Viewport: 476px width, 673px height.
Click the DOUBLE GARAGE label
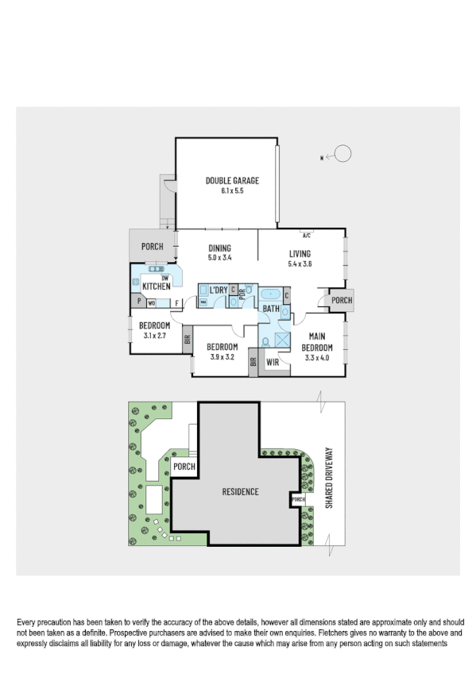(232, 181)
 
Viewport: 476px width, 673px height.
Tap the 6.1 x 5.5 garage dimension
(232, 191)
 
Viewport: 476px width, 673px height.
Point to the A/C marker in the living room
(307, 235)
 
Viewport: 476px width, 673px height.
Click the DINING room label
(219, 248)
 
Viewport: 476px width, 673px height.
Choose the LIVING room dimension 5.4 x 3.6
(300, 263)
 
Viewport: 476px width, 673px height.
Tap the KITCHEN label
(157, 287)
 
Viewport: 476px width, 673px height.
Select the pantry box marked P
(138, 302)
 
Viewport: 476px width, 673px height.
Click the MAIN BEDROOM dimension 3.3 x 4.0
(316, 357)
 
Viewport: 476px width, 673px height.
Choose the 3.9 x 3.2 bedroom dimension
(223, 357)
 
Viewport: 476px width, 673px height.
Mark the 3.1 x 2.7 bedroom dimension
(155, 336)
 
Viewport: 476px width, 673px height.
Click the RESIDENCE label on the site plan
(239, 492)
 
